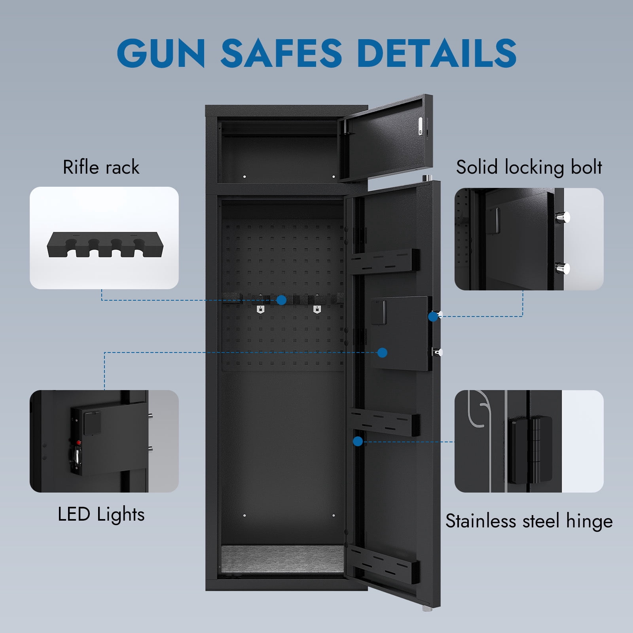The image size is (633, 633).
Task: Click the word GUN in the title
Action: pyautogui.click(x=161, y=53)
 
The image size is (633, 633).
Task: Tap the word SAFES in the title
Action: pyautogui.click(x=281, y=53)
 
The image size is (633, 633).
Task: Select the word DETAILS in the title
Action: pyautogui.click(x=437, y=53)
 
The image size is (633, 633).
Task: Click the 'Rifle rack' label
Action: pyautogui.click(x=101, y=167)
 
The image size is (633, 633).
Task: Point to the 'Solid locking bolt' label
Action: pyautogui.click(x=529, y=167)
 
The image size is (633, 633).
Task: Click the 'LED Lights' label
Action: pyautogui.click(x=101, y=515)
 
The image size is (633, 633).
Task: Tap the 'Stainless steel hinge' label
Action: pyautogui.click(x=529, y=521)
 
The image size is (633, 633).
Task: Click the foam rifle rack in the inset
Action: pyautogui.click(x=105, y=245)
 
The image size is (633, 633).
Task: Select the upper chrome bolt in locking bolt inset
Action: pyautogui.click(x=563, y=217)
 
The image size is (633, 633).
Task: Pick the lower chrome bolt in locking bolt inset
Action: pyautogui.click(x=563, y=269)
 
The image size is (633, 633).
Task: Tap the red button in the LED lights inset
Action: pyautogui.click(x=78, y=442)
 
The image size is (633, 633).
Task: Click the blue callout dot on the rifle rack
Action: pyautogui.click(x=281, y=300)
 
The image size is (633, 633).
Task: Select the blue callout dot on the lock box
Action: pyautogui.click(x=382, y=353)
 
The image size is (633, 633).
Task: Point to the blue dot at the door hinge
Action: pyautogui.click(x=358, y=441)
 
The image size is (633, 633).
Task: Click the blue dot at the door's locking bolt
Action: pyautogui.click(x=433, y=316)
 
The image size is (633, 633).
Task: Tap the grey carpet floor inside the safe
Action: pyautogui.click(x=282, y=559)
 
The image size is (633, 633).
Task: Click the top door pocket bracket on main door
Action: pyautogui.click(x=383, y=261)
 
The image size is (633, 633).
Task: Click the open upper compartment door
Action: pyautogui.click(x=386, y=138)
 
